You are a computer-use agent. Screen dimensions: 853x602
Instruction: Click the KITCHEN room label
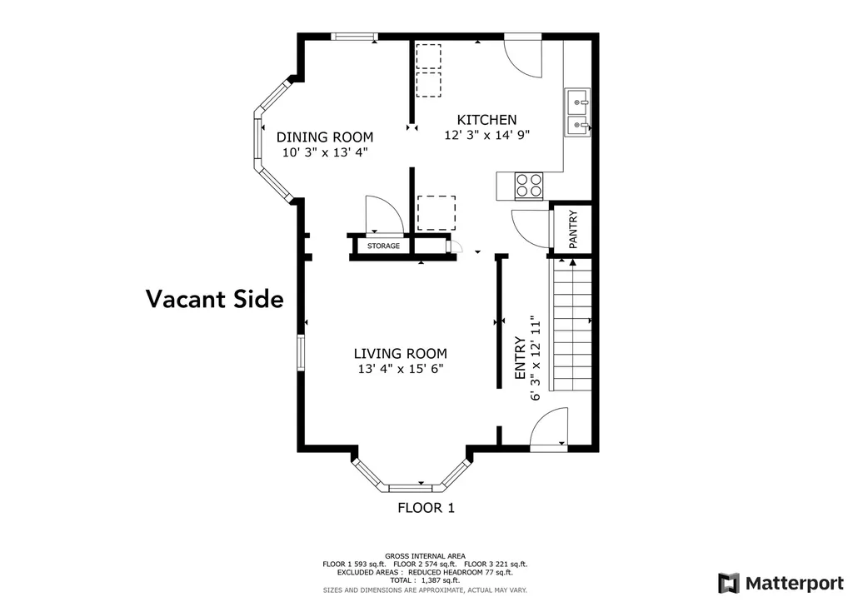486,120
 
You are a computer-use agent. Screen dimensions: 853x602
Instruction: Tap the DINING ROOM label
325,137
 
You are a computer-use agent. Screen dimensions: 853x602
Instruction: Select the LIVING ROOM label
401,354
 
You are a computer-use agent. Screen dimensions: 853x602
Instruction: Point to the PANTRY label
573,230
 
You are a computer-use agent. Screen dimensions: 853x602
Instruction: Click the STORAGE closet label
383,246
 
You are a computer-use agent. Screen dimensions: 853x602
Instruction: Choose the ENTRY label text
520,358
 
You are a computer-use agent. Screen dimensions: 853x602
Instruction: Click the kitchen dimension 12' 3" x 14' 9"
486,135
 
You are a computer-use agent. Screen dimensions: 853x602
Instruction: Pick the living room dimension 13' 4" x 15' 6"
401,369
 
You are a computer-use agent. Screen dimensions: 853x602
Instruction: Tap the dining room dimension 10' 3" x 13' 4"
325,152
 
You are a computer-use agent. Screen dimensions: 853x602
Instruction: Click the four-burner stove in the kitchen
529,185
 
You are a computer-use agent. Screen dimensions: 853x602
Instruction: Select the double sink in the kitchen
577,112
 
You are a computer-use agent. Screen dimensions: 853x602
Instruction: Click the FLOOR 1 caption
426,508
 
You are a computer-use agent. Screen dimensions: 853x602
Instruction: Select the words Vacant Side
215,299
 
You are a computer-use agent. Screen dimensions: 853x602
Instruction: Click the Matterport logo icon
728,584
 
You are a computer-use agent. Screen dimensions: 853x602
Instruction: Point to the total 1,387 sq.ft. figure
425,580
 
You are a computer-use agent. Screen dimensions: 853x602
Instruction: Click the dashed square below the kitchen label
436,213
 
